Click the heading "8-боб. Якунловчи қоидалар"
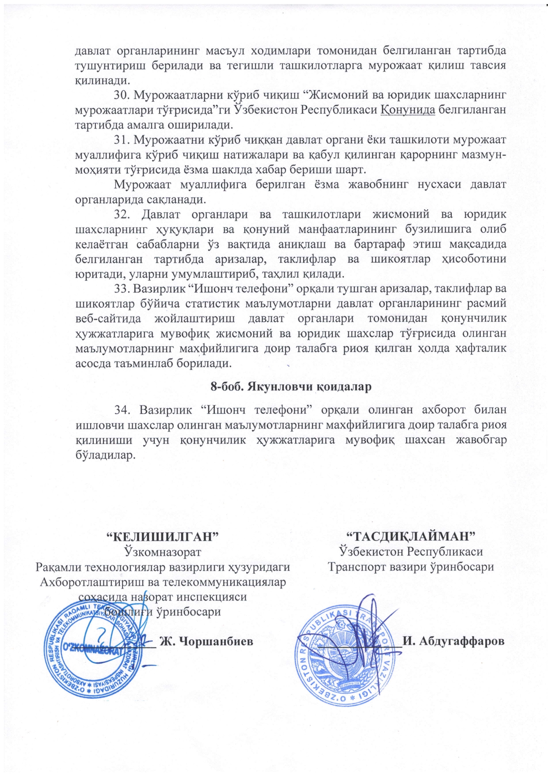point(290,386)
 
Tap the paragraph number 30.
point(121,95)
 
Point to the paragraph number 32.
point(122,214)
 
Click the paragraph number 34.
point(122,409)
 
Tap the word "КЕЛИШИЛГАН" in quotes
point(164,536)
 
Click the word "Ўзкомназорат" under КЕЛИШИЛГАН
point(163,552)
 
